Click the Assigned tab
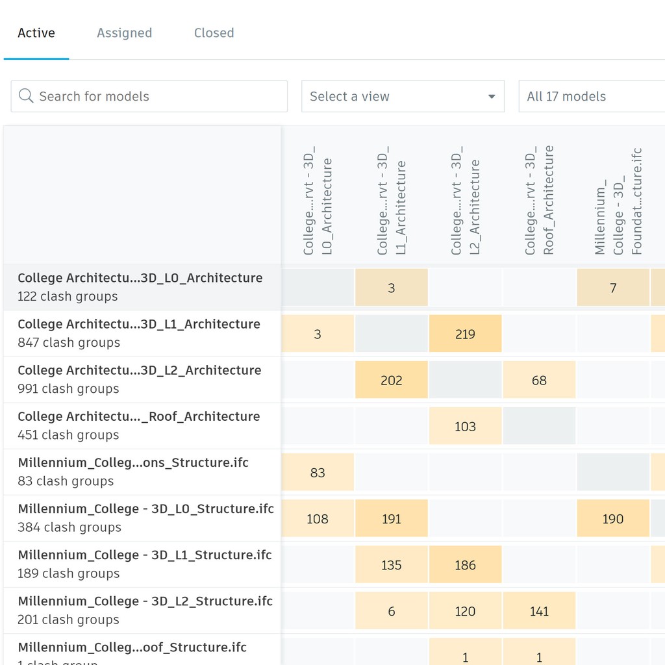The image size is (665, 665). point(124,33)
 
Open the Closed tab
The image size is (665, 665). point(214,33)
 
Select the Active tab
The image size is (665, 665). point(36,33)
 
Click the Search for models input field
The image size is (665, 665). point(156,96)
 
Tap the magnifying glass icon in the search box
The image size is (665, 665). point(26,96)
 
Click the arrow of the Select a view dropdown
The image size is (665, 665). point(492,97)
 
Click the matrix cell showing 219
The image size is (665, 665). point(465,334)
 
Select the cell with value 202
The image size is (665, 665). point(391,380)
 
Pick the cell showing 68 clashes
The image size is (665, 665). point(539,380)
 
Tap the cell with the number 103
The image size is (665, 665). point(465,426)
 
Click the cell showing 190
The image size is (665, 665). point(612,518)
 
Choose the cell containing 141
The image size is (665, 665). point(539,610)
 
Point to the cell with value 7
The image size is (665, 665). point(612,288)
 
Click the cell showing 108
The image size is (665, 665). point(318,518)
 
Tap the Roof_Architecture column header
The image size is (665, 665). point(539,200)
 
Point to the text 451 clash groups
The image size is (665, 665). point(68,435)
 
